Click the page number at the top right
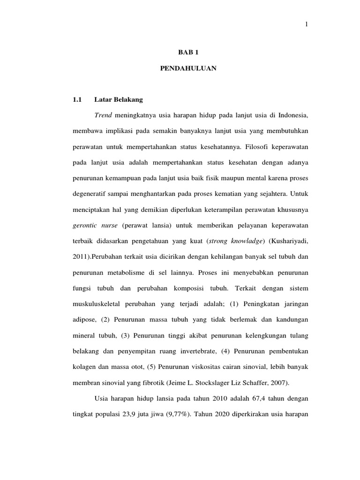[x=307, y=25]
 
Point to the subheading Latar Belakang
[x=119, y=99]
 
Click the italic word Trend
[x=104, y=115]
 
